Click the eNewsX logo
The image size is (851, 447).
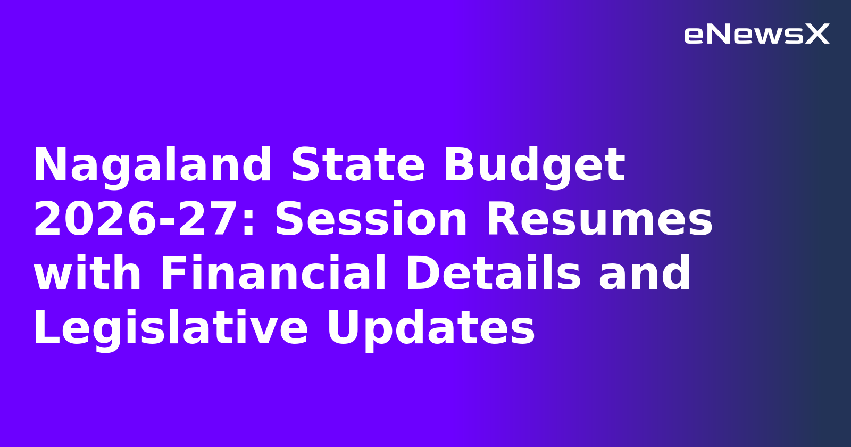(x=756, y=35)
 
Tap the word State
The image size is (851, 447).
(x=357, y=165)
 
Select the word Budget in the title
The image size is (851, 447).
(x=534, y=165)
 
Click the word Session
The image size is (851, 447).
(x=371, y=220)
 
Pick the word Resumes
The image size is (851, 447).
(x=599, y=220)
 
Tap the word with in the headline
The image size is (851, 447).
(x=87, y=274)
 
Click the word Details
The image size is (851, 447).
(x=493, y=274)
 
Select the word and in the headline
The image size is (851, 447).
(x=645, y=274)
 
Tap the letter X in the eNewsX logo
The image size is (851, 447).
(x=817, y=35)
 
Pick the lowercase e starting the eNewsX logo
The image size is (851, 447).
(x=694, y=36)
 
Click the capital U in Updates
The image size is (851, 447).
(x=343, y=328)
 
